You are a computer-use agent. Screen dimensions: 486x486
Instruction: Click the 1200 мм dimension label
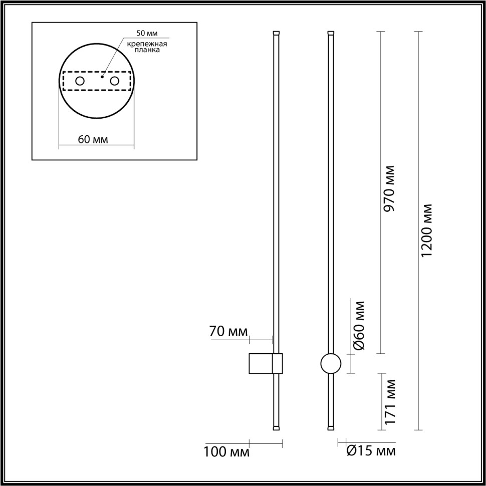(x=426, y=231)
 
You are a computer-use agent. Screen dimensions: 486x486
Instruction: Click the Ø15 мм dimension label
(x=371, y=451)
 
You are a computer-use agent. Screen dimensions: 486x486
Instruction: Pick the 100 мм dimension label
(x=226, y=452)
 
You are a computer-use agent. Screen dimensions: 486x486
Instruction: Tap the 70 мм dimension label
(x=229, y=331)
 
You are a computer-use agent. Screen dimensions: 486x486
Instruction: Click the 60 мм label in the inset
(x=93, y=139)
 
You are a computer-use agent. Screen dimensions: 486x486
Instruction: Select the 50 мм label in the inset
(x=147, y=34)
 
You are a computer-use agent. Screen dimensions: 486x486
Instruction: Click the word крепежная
(x=147, y=44)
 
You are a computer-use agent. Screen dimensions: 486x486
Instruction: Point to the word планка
(x=147, y=51)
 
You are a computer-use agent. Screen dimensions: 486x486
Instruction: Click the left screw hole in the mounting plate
(x=80, y=81)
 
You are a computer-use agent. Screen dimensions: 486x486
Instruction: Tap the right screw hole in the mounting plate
(x=115, y=81)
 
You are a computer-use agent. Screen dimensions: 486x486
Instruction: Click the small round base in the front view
(x=330, y=363)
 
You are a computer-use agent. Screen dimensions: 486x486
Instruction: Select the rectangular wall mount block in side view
(x=261, y=363)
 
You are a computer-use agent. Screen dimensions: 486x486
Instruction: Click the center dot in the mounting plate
(x=102, y=77)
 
